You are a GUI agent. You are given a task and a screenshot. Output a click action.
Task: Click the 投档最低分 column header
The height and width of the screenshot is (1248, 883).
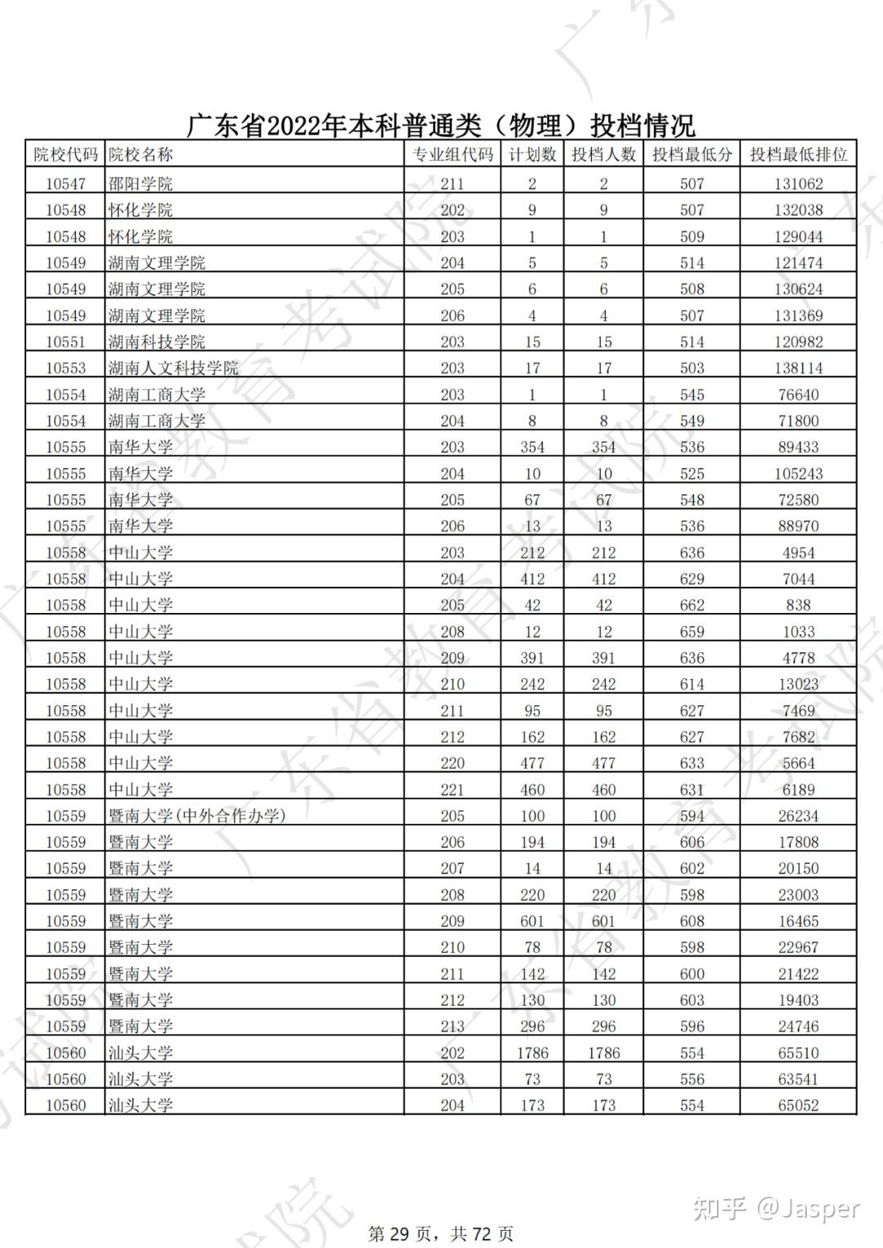(692, 154)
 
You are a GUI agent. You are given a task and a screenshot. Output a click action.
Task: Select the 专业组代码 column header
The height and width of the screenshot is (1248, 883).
(452, 154)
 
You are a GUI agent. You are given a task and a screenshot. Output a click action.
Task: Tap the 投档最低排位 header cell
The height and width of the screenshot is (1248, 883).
(798, 154)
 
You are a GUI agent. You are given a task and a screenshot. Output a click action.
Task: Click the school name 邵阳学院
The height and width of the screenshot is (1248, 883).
(141, 184)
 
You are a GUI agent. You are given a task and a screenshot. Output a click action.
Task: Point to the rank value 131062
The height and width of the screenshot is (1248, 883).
(798, 184)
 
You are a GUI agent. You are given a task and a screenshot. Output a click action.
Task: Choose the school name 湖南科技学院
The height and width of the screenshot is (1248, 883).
(157, 342)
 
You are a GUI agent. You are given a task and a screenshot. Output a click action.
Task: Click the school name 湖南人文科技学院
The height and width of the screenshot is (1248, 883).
(173, 368)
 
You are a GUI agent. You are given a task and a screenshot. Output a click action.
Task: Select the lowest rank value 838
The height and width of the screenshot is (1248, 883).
(798, 605)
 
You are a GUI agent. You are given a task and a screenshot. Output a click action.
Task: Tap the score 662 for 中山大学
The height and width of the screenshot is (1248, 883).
(692, 605)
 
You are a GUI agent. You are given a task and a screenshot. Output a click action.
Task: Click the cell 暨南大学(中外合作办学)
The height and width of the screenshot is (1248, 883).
(197, 816)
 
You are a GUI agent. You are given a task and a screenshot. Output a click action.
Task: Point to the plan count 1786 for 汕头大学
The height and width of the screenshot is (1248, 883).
(532, 1053)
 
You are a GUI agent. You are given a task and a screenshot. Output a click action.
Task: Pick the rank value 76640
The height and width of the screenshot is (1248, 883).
(798, 395)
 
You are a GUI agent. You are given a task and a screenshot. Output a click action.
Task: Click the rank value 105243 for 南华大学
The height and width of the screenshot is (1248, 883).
(798, 473)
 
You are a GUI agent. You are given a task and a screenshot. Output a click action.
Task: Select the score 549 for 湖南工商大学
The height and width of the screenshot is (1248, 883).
(692, 421)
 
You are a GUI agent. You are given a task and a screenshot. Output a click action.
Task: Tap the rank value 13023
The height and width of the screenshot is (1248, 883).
(798, 684)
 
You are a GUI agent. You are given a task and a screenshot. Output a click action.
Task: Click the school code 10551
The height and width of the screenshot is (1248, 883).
(65, 342)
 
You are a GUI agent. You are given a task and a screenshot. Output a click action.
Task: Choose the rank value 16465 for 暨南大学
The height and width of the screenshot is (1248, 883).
(798, 921)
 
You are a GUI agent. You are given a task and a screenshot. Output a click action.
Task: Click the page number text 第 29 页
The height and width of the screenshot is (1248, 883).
(400, 1233)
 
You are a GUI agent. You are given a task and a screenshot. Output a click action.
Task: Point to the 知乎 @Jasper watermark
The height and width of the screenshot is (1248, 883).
(777, 1208)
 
